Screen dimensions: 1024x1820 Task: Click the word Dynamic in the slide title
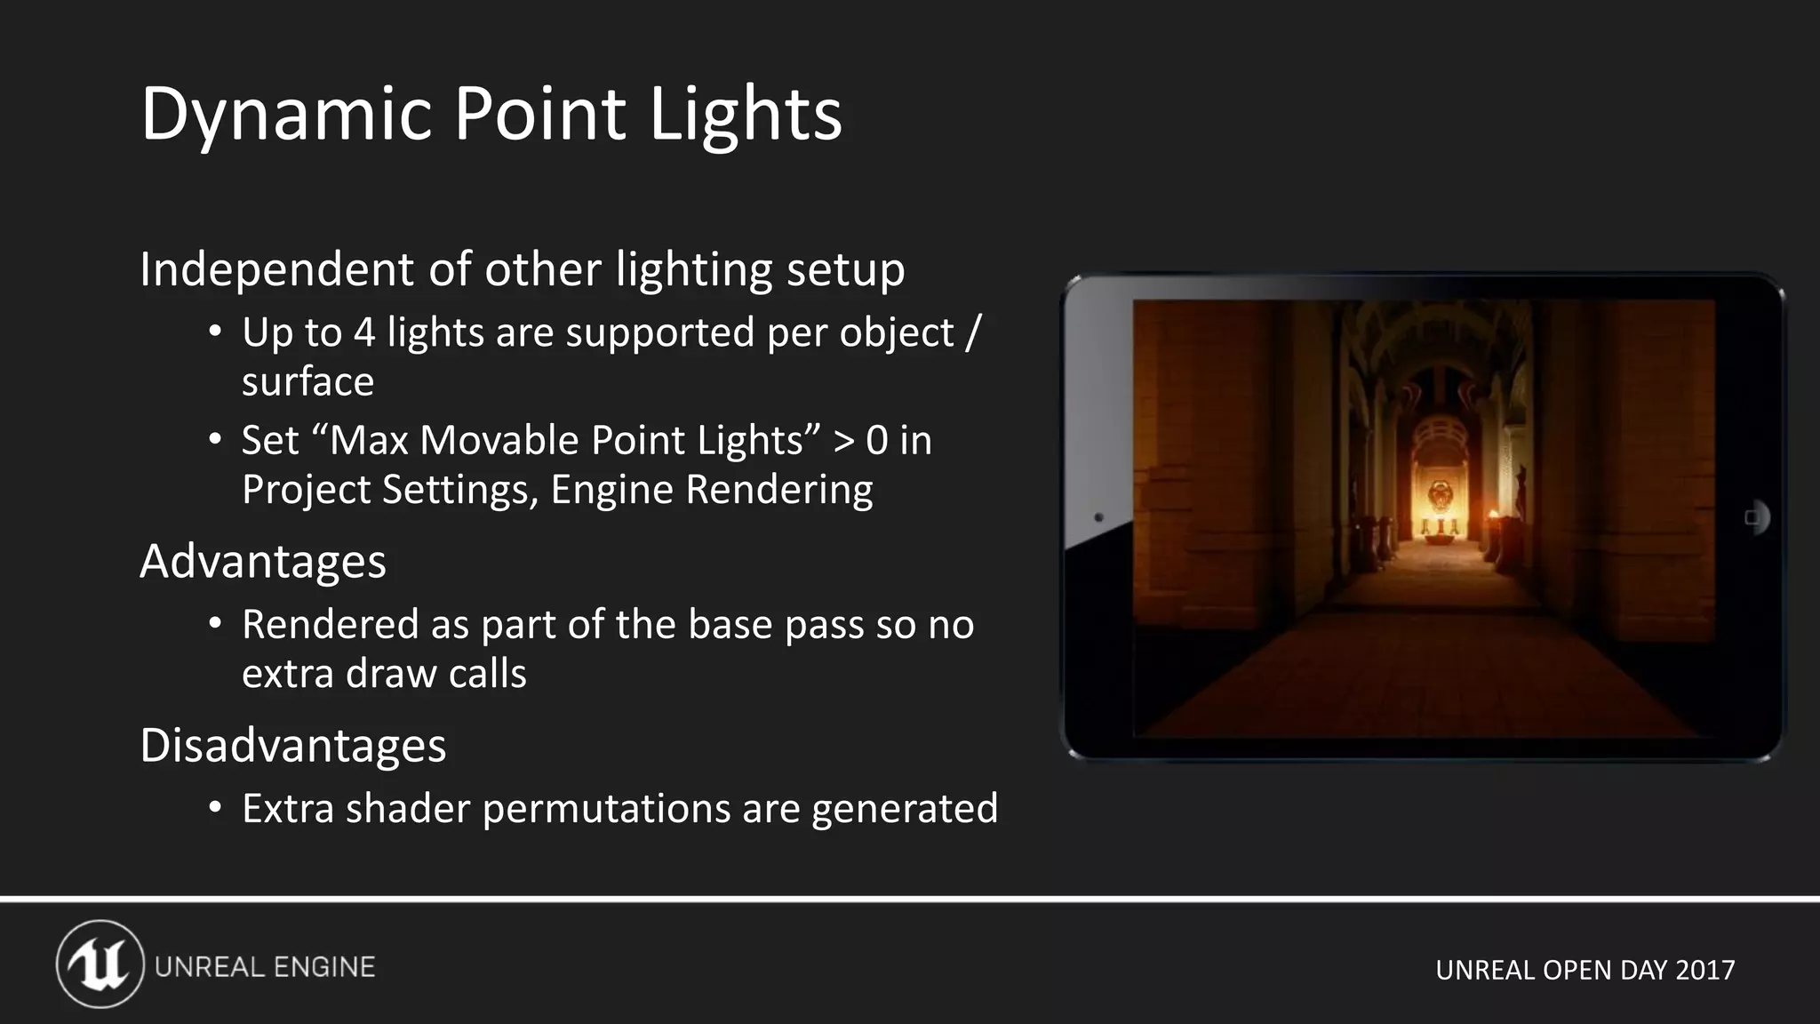[x=285, y=114]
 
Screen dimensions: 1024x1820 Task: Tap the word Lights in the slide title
[x=745, y=114]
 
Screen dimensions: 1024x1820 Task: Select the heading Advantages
[x=263, y=561]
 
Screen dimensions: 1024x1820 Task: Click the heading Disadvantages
[x=292, y=745]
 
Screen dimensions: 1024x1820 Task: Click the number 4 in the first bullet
[x=363, y=333]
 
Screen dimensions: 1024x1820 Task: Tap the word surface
[x=307, y=382]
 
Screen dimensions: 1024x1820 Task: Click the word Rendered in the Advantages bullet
[x=330, y=625]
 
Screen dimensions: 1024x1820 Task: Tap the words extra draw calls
[x=384, y=674]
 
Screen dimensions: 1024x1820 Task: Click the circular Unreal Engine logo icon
[x=100, y=964]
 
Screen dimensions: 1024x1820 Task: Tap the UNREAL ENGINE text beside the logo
[x=265, y=967]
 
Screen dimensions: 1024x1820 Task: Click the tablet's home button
[x=1753, y=517]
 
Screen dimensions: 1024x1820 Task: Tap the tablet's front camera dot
[x=1098, y=517]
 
